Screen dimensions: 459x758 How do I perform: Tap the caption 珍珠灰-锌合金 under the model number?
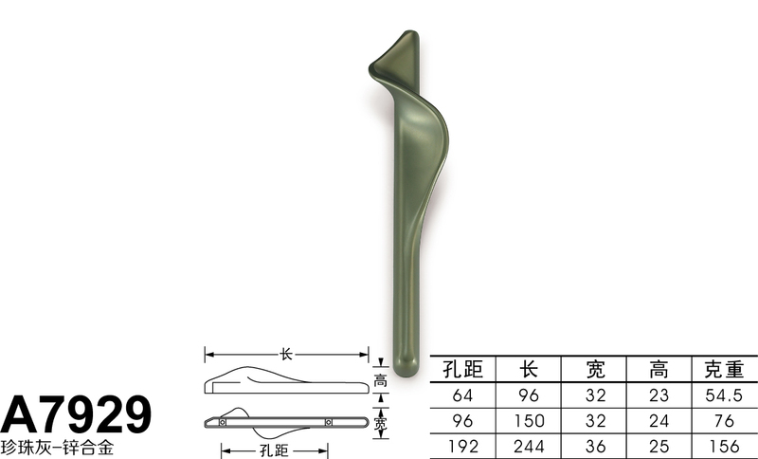click(x=57, y=446)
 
